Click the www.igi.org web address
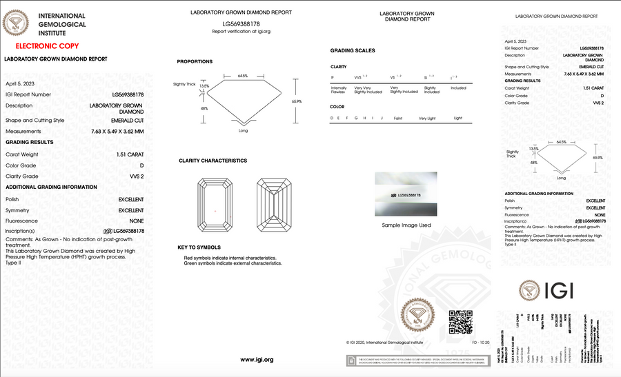(x=257, y=360)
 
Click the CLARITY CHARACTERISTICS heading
(x=213, y=161)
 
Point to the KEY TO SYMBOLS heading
(x=199, y=247)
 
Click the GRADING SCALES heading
(x=353, y=51)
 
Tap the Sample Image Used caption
(x=406, y=225)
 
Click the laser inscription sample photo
(x=406, y=195)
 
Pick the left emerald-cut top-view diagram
(x=216, y=205)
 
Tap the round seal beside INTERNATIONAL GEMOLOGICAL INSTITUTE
(x=17, y=25)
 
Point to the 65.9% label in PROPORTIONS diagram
(x=297, y=101)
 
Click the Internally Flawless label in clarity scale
(x=339, y=90)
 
